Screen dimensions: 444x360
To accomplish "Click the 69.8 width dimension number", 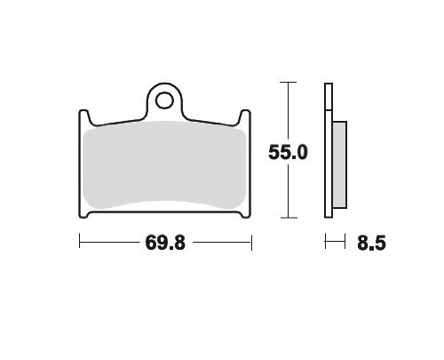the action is coord(165,243).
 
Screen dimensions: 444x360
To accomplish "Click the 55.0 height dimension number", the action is coord(288,152).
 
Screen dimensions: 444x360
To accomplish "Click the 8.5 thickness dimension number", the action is coord(371,244).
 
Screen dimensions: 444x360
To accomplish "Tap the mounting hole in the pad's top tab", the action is coord(164,100).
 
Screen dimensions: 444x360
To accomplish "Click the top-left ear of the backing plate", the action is coord(83,116).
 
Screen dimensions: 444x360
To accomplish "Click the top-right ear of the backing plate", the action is coord(245,116).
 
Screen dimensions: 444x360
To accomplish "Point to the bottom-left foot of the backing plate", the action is coord(83,215).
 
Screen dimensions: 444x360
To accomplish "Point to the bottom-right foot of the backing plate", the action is coord(246,215).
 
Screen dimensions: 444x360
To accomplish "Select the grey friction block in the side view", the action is coord(339,164).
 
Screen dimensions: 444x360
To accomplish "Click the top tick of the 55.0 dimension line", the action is coord(288,82).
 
